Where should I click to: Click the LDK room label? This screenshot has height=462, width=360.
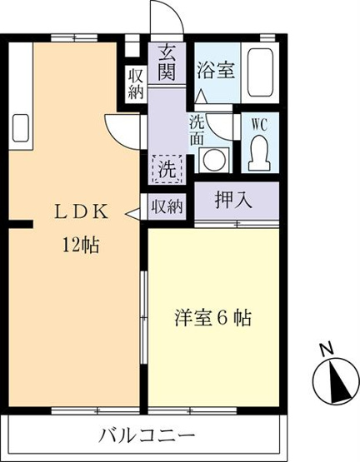point(81,212)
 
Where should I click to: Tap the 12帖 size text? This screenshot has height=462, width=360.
point(80,245)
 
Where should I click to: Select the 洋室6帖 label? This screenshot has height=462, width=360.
point(213,318)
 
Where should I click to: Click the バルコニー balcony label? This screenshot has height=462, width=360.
point(147,435)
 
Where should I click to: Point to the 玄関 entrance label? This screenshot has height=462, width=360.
point(167,63)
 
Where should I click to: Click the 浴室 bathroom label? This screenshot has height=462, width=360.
point(216,70)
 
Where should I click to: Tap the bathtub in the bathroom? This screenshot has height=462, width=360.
point(260,72)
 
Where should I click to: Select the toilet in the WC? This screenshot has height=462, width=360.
point(259,153)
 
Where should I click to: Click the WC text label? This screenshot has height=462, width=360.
point(260,125)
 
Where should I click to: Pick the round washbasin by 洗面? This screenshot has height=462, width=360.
point(214,160)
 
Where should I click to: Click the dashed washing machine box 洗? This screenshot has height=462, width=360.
point(167,169)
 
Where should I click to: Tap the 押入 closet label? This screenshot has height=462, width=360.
point(233,201)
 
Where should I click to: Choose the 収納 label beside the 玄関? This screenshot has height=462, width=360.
point(136,85)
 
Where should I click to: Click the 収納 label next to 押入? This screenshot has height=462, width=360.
point(167,206)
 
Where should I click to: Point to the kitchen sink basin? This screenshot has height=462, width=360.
point(20,127)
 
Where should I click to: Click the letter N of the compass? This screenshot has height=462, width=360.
point(327,350)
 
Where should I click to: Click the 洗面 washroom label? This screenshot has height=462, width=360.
point(197,130)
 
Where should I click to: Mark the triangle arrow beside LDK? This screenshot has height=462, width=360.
point(133,214)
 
